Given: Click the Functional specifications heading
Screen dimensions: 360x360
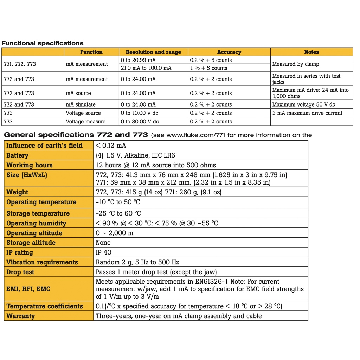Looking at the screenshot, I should (x=43, y=43).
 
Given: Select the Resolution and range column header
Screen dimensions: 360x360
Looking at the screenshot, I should (x=153, y=52).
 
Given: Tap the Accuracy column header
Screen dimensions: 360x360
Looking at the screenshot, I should (x=229, y=52).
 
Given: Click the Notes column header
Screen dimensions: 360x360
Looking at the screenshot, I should (x=311, y=52).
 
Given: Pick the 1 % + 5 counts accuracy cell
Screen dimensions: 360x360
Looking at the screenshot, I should (x=209, y=68).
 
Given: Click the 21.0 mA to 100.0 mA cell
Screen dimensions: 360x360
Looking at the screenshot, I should (x=146, y=68).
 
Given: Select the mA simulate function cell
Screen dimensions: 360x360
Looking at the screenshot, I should (x=81, y=104).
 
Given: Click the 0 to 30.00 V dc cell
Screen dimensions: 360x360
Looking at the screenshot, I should (x=140, y=122).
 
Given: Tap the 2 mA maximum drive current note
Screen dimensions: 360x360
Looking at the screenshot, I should (x=307, y=113).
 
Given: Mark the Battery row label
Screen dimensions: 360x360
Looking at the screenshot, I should (x=17, y=155).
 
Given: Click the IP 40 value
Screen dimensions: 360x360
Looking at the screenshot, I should (x=104, y=252).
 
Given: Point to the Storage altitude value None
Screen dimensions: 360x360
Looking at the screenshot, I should (x=103, y=243).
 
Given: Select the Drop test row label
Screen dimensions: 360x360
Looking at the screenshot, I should (x=21, y=272).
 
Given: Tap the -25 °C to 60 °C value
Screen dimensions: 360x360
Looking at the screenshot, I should (x=118, y=213).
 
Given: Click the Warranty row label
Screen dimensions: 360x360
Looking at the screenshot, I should (x=21, y=316).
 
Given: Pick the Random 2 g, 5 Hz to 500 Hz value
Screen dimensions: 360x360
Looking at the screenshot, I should (x=137, y=262).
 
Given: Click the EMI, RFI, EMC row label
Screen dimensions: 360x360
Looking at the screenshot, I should (x=28, y=289).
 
